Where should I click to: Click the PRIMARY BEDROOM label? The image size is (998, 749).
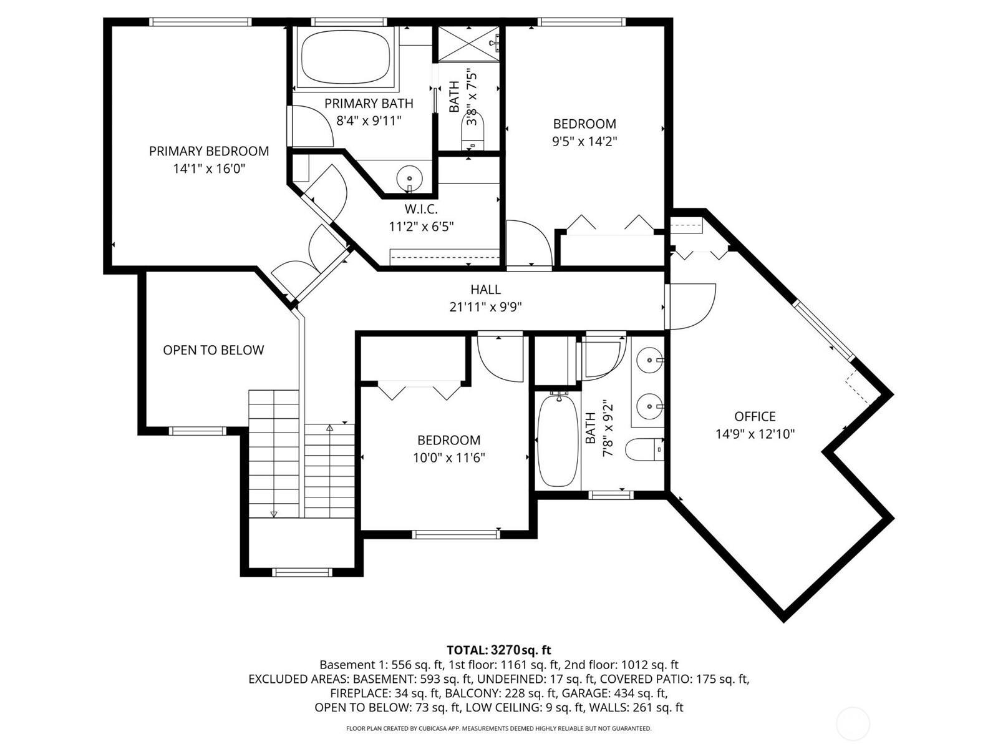[x=209, y=151]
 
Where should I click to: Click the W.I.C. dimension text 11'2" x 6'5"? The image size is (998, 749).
[x=421, y=226]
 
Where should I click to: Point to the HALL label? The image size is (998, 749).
[x=485, y=290]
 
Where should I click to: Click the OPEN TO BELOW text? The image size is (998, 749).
[x=213, y=350]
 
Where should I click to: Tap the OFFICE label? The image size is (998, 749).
[x=755, y=416]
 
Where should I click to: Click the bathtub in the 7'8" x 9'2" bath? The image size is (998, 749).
[x=558, y=440]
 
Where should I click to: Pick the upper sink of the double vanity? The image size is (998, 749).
[x=649, y=360]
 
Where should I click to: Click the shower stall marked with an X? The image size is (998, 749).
[x=468, y=44]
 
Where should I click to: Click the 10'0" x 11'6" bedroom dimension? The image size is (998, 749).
[x=448, y=458]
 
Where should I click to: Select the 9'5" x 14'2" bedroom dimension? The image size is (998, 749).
[x=584, y=141]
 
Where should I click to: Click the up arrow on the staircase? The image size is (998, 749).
[x=329, y=429]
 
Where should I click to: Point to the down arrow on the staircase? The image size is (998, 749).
[x=273, y=513]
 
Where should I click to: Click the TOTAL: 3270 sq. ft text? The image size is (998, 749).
[x=498, y=650]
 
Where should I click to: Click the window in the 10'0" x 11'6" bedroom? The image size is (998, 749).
[x=455, y=534]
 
